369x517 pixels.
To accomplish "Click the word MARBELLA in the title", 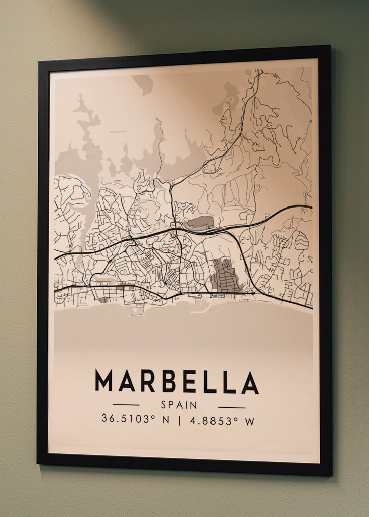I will click(x=177, y=381).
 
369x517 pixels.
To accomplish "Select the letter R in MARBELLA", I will click(x=147, y=381).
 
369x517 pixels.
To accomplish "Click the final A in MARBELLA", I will click(x=250, y=383).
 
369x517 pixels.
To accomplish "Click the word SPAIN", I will click(x=179, y=405).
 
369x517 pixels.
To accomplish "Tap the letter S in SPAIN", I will click(x=164, y=405).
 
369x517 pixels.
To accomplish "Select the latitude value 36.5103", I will click(x=121, y=419).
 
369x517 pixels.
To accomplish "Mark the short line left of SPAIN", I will click(x=126, y=404).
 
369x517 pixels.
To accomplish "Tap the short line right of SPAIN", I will click(x=232, y=407).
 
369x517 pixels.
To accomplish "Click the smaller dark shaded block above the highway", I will click(x=200, y=223).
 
